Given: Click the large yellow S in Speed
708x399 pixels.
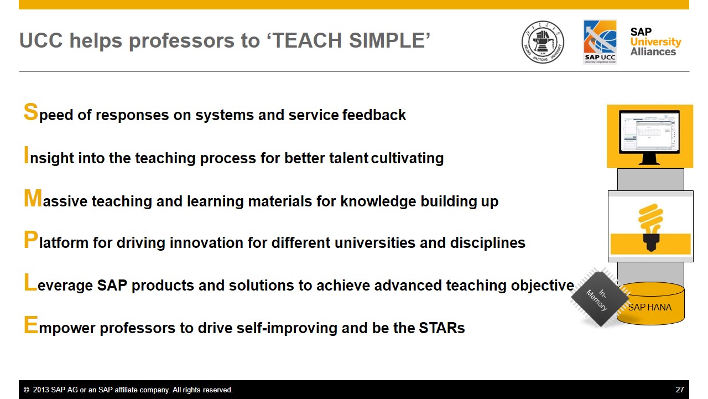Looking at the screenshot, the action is pos(30,112).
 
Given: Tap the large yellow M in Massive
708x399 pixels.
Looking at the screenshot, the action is pos(33,198).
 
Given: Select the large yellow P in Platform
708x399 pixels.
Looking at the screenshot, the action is pos(31,240).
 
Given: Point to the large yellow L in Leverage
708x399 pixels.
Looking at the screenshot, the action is pos(30,282).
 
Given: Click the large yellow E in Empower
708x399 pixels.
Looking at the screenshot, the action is pos(31,325).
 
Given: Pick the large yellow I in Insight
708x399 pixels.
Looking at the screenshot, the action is pos(26,155).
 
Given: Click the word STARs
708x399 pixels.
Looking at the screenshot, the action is pos(442,328).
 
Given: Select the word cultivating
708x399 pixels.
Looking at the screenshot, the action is pos(408,158).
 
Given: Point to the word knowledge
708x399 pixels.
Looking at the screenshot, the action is pos(378,201).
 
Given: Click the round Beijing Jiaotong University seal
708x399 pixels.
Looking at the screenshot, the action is pos(543,42).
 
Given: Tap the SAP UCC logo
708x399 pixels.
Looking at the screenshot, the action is pos(600,42).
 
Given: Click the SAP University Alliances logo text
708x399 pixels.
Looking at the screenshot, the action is pos(655,42).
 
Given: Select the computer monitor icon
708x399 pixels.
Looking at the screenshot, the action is pos(649,137).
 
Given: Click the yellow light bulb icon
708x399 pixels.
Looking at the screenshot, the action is pos(650,227).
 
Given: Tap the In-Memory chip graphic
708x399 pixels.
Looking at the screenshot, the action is pos(600,298).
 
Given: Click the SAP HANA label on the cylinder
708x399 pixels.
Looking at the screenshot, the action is pos(649,307).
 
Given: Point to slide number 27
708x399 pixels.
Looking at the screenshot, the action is pos(680,390).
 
